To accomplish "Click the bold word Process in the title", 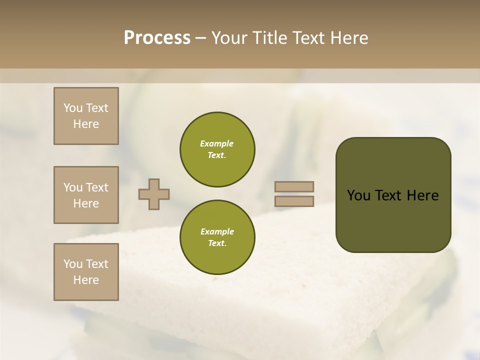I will pyautogui.click(x=157, y=38).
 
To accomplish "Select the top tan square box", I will pyautogui.click(x=86, y=116).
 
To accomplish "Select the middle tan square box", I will pyautogui.click(x=86, y=195).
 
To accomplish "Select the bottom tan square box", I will pyautogui.click(x=86, y=272).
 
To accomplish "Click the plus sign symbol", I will pyautogui.click(x=154, y=194).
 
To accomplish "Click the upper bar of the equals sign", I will pyautogui.click(x=294, y=187).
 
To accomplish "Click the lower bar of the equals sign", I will pyautogui.click(x=294, y=201).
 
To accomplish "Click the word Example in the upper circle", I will pyautogui.click(x=217, y=143).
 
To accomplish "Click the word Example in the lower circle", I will pyautogui.click(x=217, y=231).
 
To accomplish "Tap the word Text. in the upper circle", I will pyautogui.click(x=217, y=155).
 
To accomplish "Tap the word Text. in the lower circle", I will pyautogui.click(x=217, y=243).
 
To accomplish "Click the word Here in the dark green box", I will pyautogui.click(x=422, y=195).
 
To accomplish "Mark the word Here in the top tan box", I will pyautogui.click(x=86, y=124).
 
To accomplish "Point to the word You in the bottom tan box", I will pyautogui.click(x=73, y=264).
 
